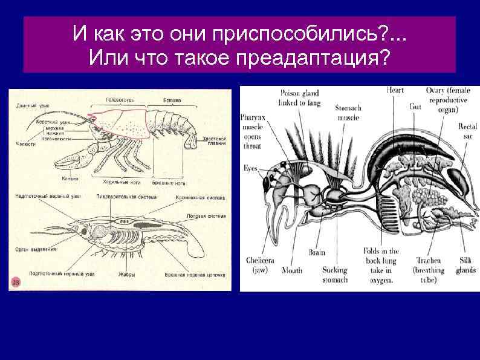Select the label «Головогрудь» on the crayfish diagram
pyautogui.click(x=120, y=99)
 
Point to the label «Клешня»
pyautogui.click(x=69, y=178)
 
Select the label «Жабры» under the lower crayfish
pyautogui.click(x=126, y=274)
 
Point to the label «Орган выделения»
pyautogui.click(x=36, y=249)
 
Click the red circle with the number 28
pyautogui.click(x=16, y=282)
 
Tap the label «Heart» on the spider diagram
pyautogui.click(x=395, y=90)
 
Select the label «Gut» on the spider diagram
pyautogui.click(x=415, y=106)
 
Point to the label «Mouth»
pyautogui.click(x=292, y=270)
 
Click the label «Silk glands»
pyautogui.click(x=466, y=265)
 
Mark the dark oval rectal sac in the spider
pyautogui.click(x=458, y=178)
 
